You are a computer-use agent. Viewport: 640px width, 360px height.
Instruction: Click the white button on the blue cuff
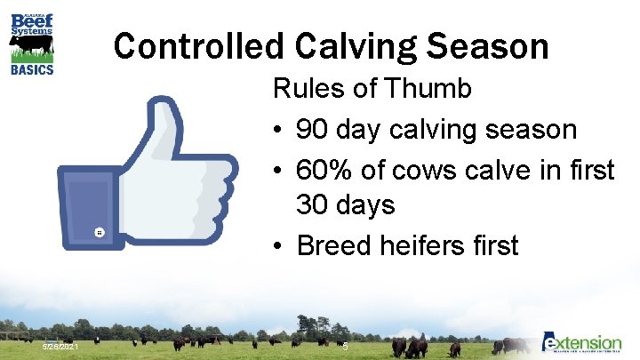[x=100, y=232]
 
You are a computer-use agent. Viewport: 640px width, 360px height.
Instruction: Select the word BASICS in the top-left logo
[x=31, y=68]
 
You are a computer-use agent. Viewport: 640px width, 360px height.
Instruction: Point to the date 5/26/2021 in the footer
[x=61, y=346]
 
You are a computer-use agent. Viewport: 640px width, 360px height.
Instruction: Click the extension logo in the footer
[x=582, y=343]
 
